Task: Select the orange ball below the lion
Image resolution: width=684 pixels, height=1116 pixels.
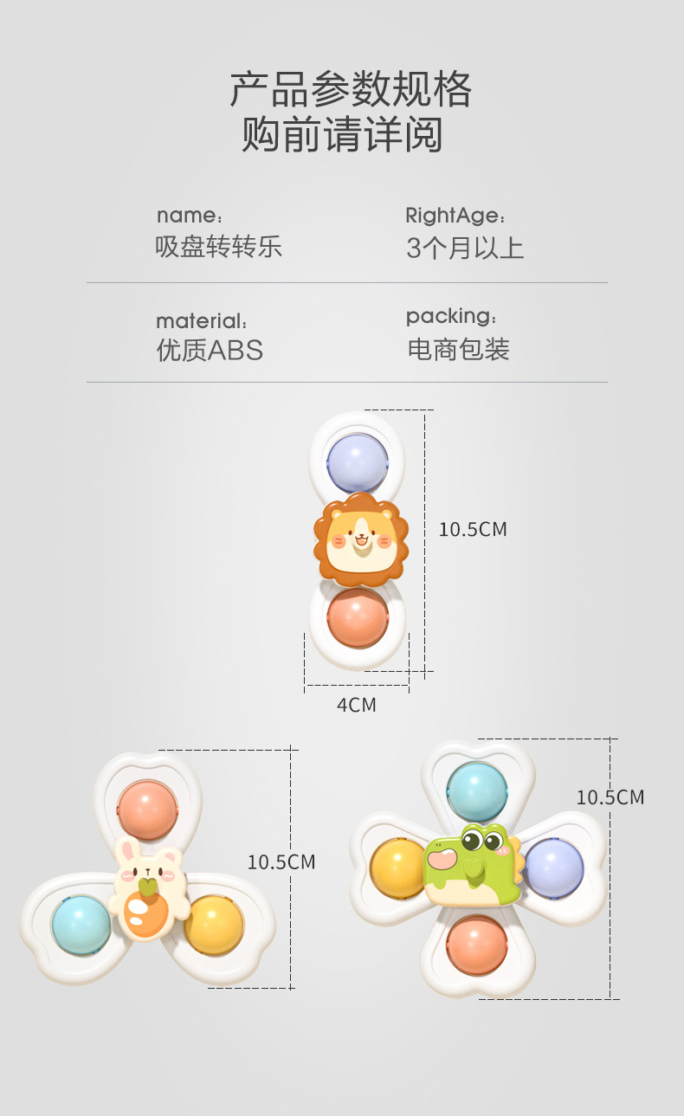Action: (358, 617)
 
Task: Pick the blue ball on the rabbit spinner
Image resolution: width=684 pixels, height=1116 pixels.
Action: (81, 924)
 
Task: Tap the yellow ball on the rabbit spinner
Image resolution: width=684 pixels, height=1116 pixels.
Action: (213, 924)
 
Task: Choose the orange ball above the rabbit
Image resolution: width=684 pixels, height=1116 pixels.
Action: (146, 810)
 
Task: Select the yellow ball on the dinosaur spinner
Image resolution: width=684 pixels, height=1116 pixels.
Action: (399, 868)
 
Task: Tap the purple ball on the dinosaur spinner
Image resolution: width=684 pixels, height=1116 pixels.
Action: (553, 867)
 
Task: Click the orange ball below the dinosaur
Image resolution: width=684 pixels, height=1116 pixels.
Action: (477, 945)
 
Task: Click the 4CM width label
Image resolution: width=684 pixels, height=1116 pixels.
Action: (357, 705)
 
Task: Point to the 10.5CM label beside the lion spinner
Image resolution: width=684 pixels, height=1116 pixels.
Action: (472, 529)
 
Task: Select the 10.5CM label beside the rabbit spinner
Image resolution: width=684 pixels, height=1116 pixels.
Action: (281, 862)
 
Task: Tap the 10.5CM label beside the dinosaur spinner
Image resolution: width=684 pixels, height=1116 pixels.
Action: (610, 797)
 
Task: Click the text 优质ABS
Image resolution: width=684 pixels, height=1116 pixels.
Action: (210, 350)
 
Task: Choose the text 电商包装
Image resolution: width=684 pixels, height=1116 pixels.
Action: (458, 350)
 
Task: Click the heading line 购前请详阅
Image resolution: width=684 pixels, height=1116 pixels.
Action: (342, 136)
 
